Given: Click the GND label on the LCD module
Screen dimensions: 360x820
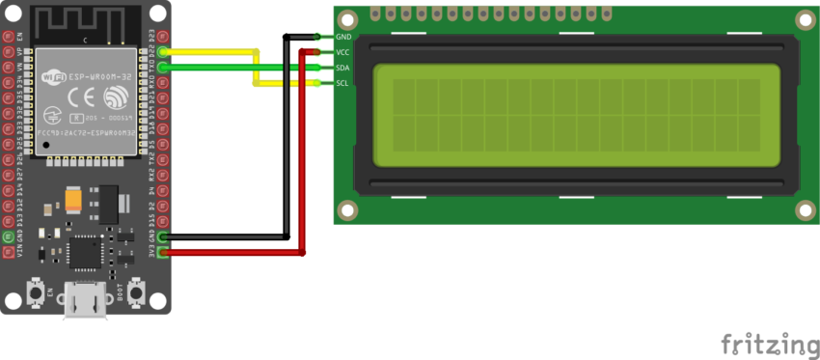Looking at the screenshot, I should [x=342, y=37].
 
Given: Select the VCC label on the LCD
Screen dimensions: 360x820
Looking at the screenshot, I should [x=342, y=52].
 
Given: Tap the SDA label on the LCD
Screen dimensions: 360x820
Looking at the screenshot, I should [x=342, y=68].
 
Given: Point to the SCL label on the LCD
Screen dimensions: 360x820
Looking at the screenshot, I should [x=342, y=83].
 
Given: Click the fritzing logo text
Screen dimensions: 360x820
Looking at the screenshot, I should [x=770, y=345].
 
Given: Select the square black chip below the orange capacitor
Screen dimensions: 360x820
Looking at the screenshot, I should [x=86, y=252].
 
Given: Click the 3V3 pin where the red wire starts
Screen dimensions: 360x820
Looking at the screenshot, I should [x=163, y=253].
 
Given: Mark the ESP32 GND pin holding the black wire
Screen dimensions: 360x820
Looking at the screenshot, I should [x=163, y=236].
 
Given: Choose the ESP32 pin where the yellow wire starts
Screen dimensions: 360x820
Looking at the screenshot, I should [x=163, y=51].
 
